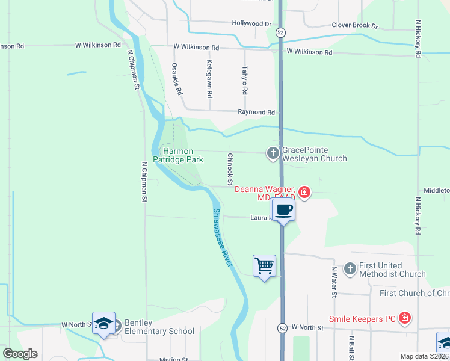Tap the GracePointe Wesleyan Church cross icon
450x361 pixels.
[273, 154]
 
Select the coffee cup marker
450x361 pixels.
[283, 210]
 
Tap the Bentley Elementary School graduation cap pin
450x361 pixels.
[103, 323]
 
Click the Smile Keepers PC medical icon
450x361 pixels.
[405, 318]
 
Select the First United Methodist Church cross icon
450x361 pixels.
[350, 269]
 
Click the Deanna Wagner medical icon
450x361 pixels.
[304, 193]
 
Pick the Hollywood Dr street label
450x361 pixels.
[251, 23]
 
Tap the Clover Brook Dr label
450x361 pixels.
[354, 26]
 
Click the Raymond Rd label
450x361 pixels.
[256, 112]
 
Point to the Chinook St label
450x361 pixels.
[230, 168]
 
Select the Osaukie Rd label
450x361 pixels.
[176, 79]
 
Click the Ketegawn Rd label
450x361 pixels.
[210, 78]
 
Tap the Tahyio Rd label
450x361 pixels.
[245, 80]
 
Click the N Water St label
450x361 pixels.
[334, 281]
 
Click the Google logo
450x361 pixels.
[20, 354]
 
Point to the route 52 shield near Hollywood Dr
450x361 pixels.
[281, 31]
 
